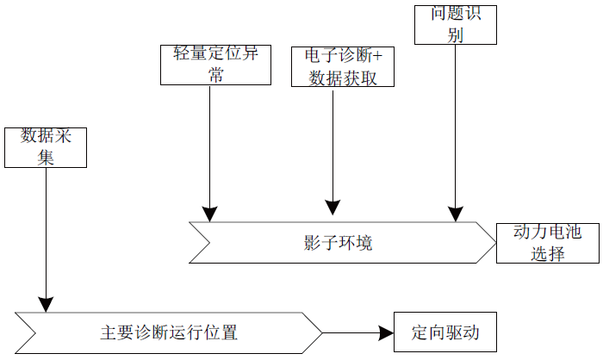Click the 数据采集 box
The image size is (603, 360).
coord(46,147)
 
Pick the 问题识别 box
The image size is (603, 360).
coord(456,24)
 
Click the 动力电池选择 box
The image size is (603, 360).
coord(547,243)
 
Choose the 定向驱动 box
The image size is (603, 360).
coord(444,332)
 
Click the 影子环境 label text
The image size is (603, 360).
coord(339,244)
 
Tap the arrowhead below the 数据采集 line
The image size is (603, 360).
coord(45,303)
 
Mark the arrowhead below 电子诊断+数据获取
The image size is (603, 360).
coord(332,207)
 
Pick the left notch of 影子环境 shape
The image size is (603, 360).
coord(208,242)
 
